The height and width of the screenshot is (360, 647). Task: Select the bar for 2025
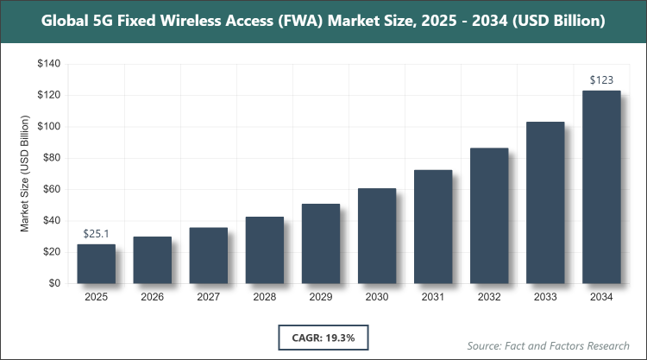[x=96, y=263]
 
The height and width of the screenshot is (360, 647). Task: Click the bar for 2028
[x=265, y=249]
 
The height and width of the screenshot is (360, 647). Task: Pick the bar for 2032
[x=489, y=216]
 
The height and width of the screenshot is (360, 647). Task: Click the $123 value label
[x=601, y=80]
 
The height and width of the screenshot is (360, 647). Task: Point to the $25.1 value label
[x=96, y=234]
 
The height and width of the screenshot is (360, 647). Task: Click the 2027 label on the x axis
[x=208, y=297]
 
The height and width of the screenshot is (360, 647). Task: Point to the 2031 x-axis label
[x=433, y=297]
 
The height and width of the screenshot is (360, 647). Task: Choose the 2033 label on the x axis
[x=545, y=297]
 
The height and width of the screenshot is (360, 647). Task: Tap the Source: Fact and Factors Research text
[x=547, y=345]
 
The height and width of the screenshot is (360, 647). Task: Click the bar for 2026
[x=152, y=260]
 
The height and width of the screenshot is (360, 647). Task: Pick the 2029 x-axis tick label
[x=321, y=297]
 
